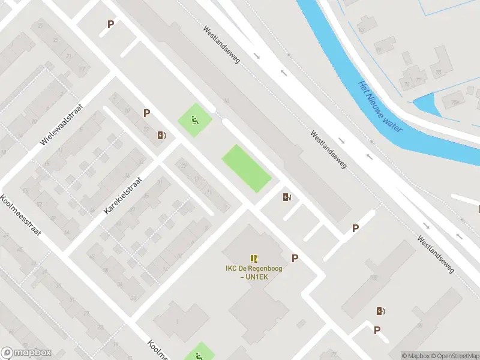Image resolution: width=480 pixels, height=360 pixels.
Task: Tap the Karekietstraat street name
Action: [123, 196]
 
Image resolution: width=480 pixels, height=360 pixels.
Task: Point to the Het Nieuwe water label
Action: [380, 107]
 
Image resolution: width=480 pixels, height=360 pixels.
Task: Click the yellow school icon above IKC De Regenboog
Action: [254, 258]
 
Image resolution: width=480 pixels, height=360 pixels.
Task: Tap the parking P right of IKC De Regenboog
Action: [295, 258]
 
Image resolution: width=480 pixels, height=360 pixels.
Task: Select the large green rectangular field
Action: [247, 169]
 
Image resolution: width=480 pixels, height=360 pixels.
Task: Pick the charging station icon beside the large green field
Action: [287, 197]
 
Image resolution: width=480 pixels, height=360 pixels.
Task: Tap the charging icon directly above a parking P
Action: [380, 311]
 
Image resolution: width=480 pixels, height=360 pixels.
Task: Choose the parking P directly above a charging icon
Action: [146, 113]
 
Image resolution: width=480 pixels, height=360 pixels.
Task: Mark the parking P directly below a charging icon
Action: [377, 330]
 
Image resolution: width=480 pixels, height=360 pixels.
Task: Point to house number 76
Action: [406, 83]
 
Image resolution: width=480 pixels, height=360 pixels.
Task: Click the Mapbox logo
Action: [26, 353]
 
